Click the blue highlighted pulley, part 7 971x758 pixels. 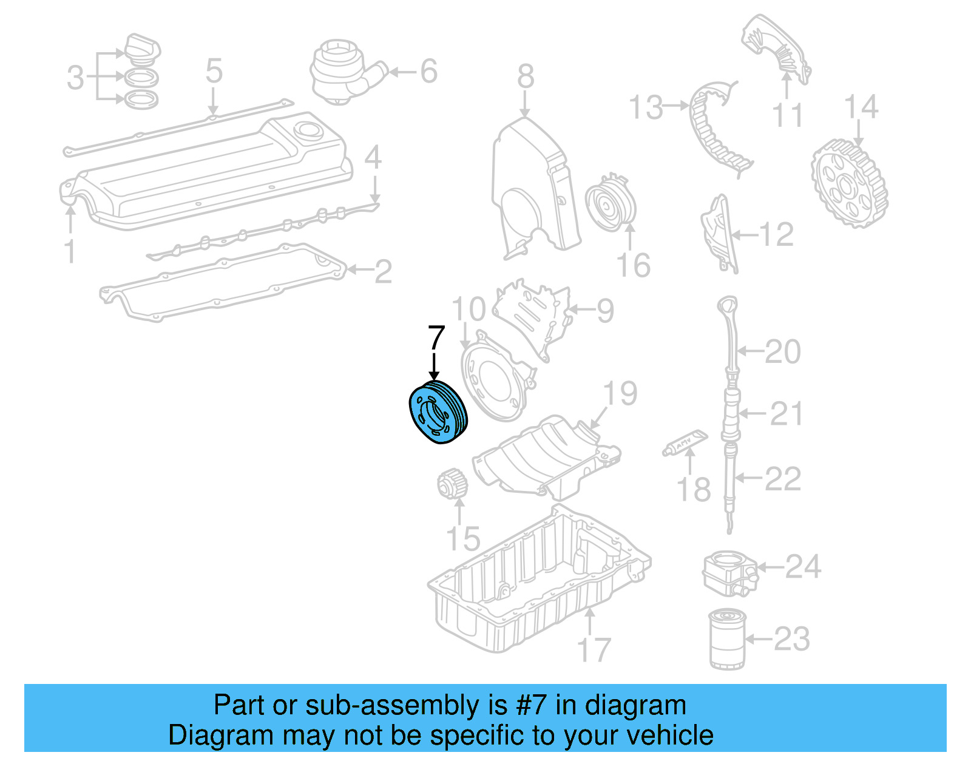pos(438,412)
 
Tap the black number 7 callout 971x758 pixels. pos(436,337)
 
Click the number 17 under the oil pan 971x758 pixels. pos(594,650)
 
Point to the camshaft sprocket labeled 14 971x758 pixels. pos(849,182)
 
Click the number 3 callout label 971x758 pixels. pos(75,78)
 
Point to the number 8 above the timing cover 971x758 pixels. pos(526,77)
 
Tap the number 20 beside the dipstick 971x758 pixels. pos(783,351)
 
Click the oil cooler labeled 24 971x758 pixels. pos(729,572)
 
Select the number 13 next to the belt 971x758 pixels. pos(646,107)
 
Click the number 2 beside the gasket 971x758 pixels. pos(383,271)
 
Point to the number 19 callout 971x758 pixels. pos(620,393)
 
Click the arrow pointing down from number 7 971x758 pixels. pos(435,366)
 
